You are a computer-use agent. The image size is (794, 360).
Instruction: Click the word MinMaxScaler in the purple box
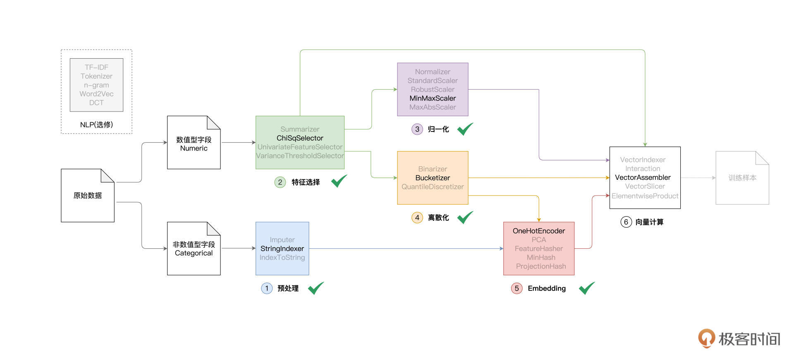tap(433, 98)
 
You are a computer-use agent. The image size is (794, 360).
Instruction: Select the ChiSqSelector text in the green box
tap(300, 138)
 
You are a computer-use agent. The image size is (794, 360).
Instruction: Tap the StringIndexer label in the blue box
tap(282, 248)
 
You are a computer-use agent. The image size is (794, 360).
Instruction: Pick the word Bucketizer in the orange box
tap(433, 178)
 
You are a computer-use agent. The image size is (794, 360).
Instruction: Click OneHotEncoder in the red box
tap(538, 231)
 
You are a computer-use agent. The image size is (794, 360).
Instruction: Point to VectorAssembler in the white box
tap(643, 177)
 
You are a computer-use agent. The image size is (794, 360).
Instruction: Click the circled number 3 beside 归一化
tap(417, 129)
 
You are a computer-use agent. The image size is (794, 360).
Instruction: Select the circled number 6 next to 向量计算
tap(626, 222)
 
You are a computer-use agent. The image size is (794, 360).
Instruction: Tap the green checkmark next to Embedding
tap(586, 288)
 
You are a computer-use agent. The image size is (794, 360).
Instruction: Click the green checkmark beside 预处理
tap(316, 288)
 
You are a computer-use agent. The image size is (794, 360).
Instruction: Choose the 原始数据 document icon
tap(88, 195)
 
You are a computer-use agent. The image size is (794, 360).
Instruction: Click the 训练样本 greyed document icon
tap(742, 178)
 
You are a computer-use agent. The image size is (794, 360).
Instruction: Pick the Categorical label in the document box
tap(194, 253)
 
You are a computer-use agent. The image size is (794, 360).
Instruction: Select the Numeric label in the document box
tap(194, 148)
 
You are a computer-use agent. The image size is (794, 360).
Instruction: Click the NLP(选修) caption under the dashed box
tap(96, 124)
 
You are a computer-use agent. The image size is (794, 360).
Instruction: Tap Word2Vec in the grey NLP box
tap(96, 94)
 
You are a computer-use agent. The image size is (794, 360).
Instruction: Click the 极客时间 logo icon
tap(706, 338)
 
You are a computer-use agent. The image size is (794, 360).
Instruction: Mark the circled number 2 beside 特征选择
tap(280, 182)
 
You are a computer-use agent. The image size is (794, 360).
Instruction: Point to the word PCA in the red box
tap(538, 240)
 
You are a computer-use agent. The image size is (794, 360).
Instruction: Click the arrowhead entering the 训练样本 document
tap(714, 178)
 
